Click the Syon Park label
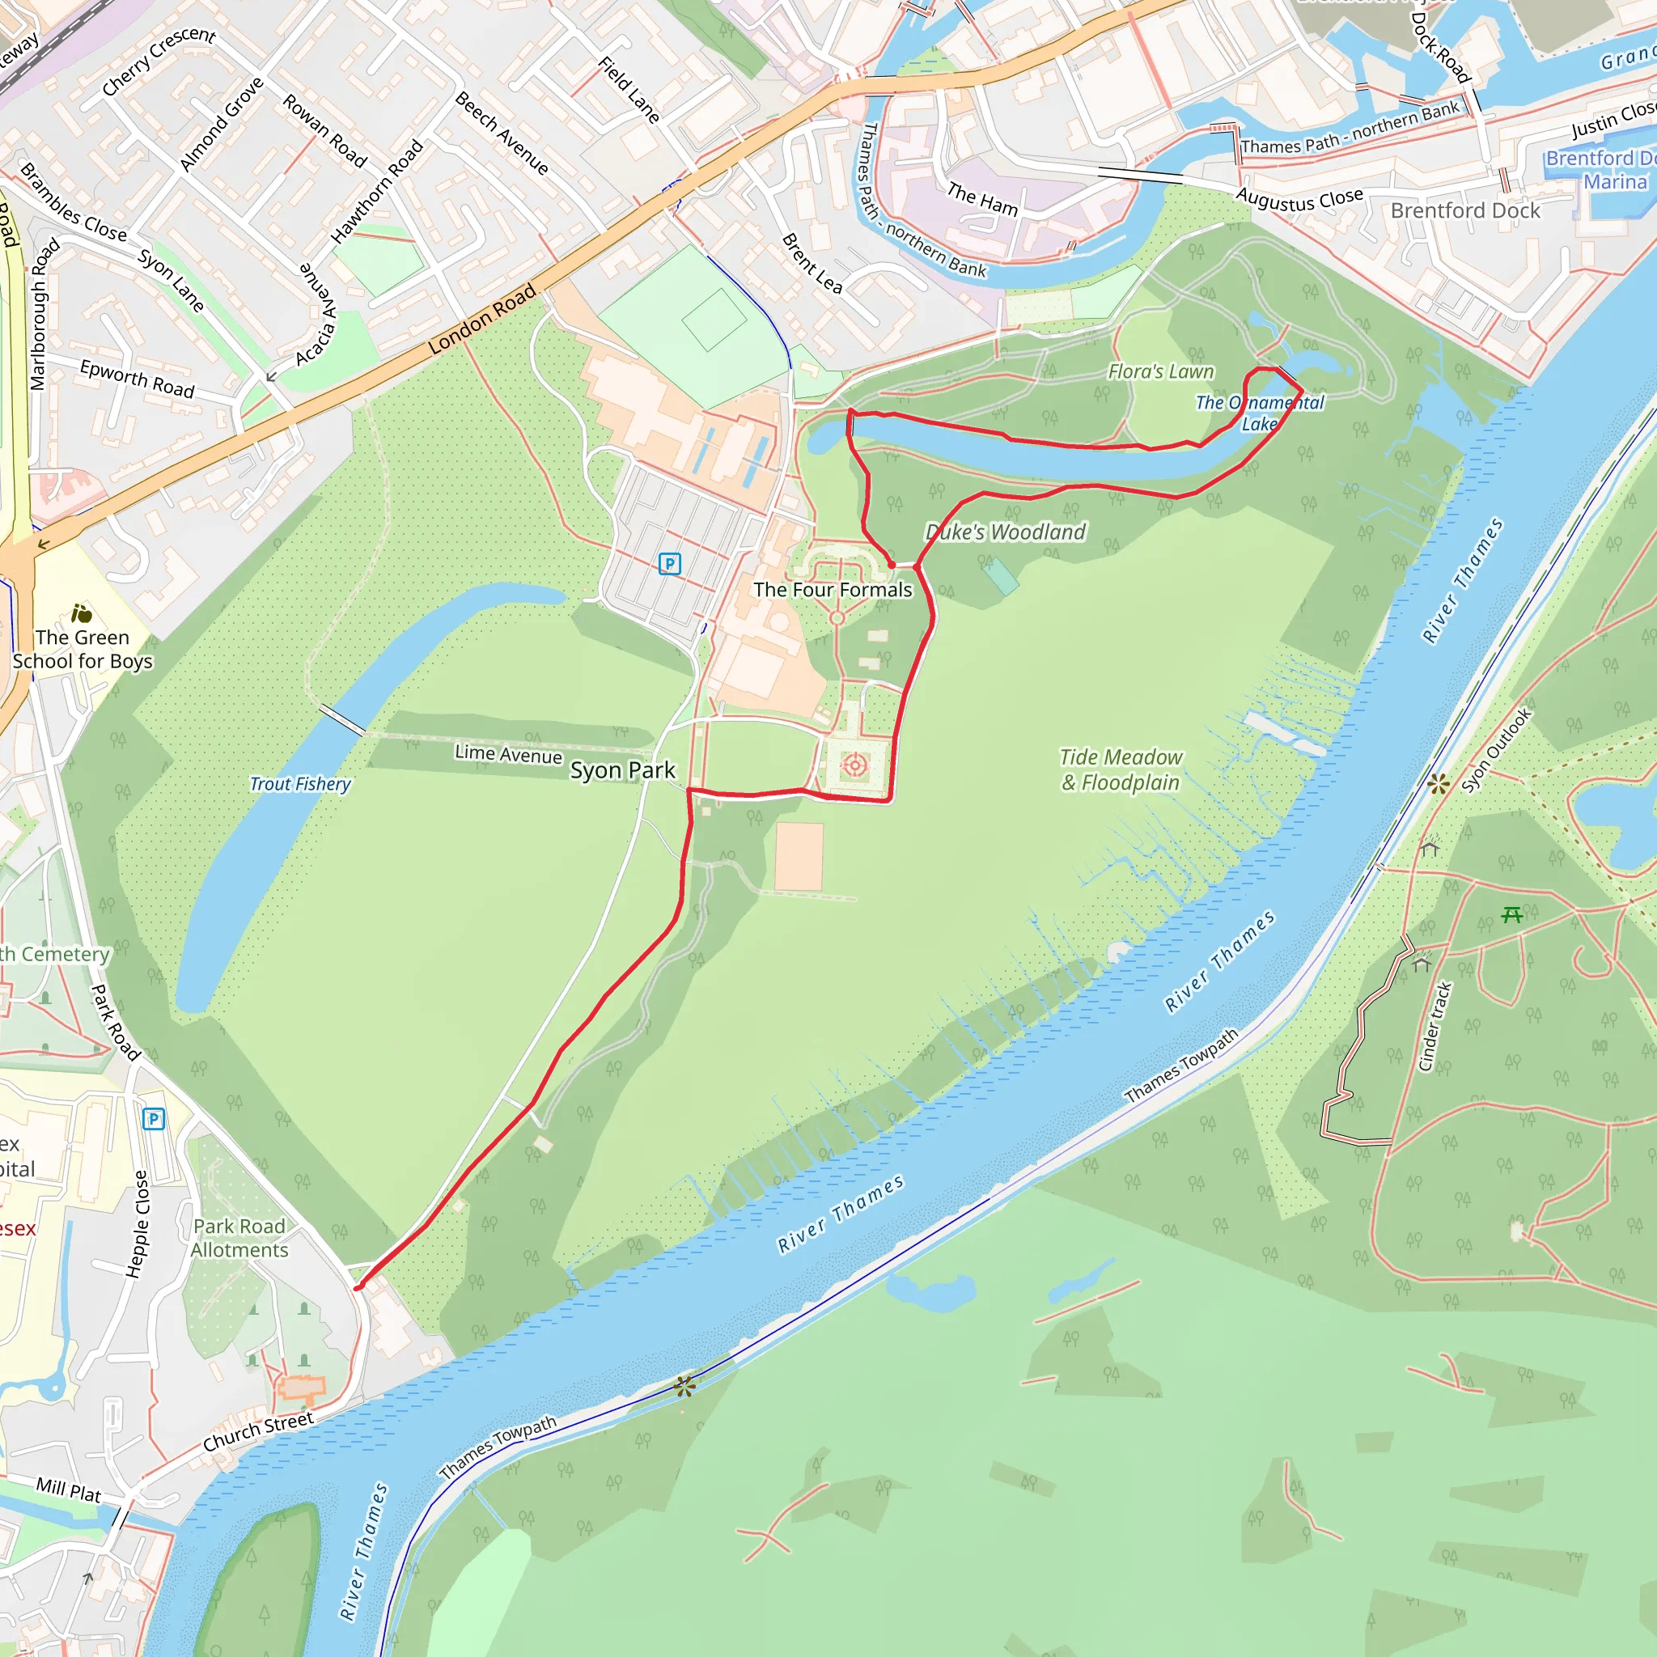click(623, 770)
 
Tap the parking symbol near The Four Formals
click(670, 563)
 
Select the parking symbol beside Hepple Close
click(154, 1118)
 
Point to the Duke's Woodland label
click(1005, 532)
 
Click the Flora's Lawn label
click(1160, 371)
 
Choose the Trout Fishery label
click(300, 784)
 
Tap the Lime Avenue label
click(508, 755)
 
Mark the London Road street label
click(482, 318)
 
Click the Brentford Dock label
click(1465, 210)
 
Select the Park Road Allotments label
click(239, 1238)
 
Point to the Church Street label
click(258, 1431)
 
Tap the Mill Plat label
click(69, 1490)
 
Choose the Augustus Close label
click(1299, 199)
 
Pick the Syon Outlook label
click(1496, 751)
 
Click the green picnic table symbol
click(1512, 915)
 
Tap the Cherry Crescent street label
click(159, 61)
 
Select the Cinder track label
click(1434, 1027)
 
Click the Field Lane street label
click(629, 90)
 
